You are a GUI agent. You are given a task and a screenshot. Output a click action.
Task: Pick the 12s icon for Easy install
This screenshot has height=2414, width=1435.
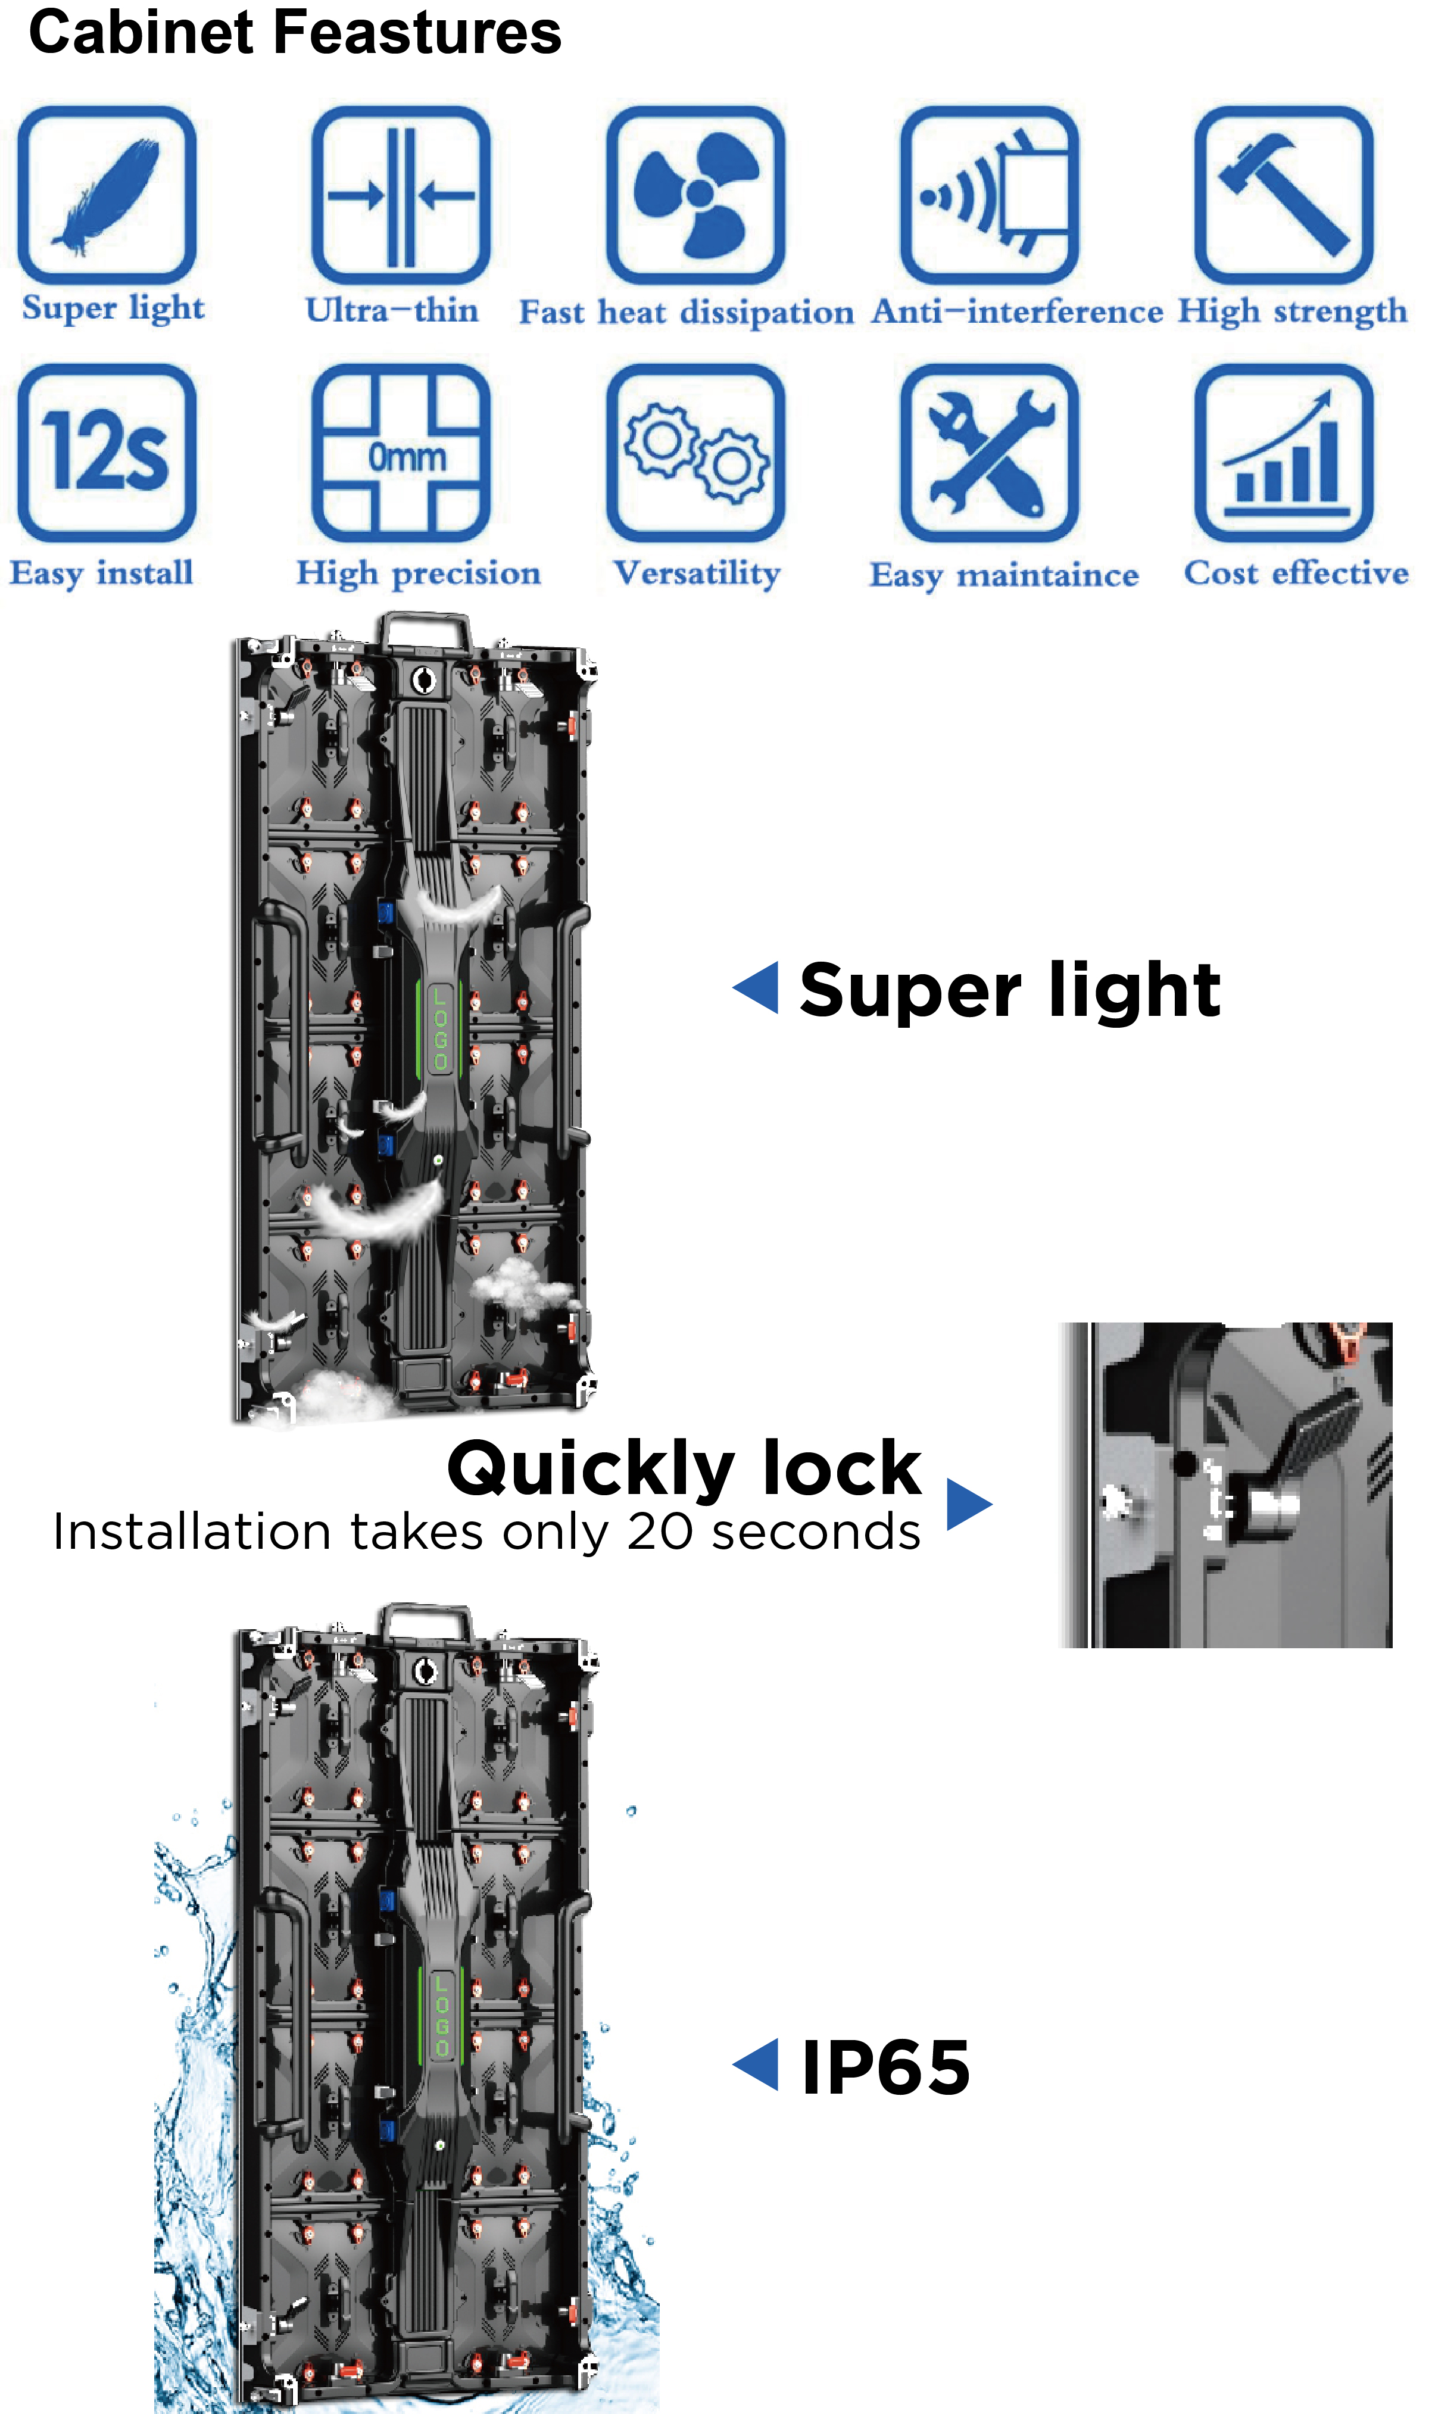(x=107, y=453)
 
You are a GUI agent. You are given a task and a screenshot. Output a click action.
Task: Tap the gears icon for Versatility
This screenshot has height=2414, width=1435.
(x=695, y=453)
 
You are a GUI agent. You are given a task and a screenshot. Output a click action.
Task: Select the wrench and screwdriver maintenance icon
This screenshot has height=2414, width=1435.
(x=989, y=453)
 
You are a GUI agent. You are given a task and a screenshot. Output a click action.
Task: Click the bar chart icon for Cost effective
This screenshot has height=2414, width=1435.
(x=1284, y=453)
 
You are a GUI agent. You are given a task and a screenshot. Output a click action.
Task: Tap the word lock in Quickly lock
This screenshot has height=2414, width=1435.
(x=841, y=1468)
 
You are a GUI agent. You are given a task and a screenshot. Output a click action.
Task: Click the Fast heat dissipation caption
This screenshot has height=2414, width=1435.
(x=687, y=312)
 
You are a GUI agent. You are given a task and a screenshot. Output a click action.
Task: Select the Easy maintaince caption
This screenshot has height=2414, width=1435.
(x=1004, y=575)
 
